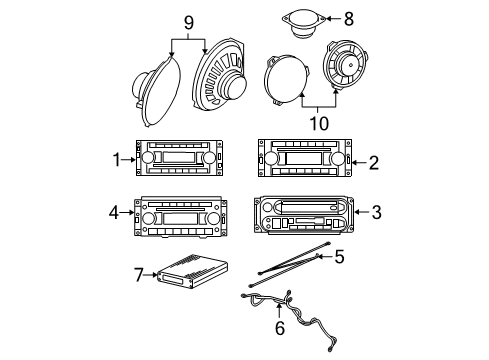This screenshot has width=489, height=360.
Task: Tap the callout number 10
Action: [320, 124]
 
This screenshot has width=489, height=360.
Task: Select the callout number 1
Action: [117, 157]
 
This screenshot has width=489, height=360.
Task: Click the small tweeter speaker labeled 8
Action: [300, 22]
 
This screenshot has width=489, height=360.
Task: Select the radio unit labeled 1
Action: [179, 159]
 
